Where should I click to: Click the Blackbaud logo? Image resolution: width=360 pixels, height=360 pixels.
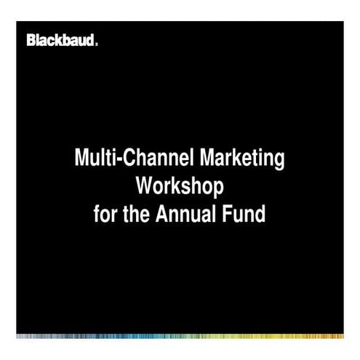pos(60,40)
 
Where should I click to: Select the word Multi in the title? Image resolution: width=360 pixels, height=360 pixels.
pos(93,159)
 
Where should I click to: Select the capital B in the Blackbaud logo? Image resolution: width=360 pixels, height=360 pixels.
pos(31,40)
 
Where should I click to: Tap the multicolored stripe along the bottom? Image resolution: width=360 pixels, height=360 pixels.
pos(180,336)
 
